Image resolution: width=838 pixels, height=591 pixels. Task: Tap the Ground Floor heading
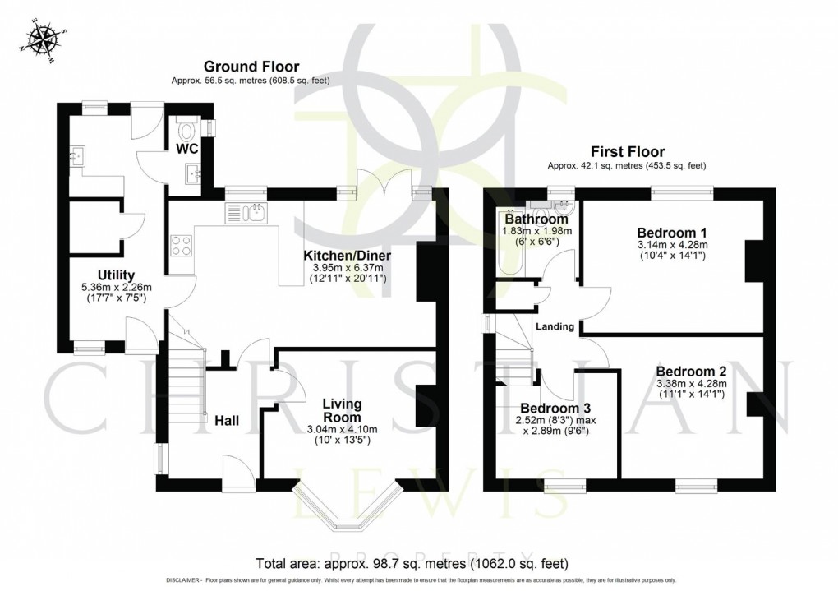[251, 67]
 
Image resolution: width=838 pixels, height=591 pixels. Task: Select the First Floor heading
[628, 151]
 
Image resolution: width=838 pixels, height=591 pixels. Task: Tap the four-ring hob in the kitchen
[181, 244]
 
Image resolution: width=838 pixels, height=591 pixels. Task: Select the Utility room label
[115, 275]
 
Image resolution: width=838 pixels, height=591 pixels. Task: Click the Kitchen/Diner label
[347, 256]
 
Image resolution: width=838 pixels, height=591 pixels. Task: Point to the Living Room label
[342, 411]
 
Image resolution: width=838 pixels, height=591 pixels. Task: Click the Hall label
[227, 421]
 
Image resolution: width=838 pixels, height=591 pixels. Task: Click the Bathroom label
[536, 219]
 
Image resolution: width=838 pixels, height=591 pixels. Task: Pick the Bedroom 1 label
[671, 231]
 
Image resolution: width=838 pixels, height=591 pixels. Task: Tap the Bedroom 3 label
[555, 408]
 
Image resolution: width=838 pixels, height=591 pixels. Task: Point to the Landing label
[555, 326]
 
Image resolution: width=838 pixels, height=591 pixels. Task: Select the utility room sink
[79, 156]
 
